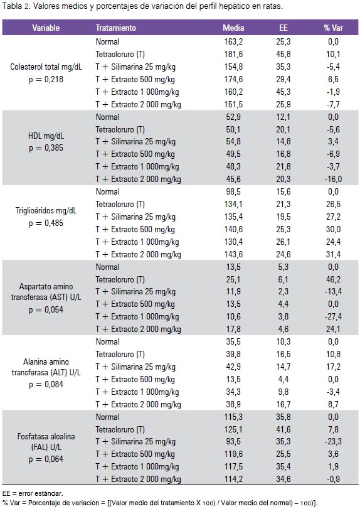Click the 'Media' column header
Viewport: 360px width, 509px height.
[x=233, y=28]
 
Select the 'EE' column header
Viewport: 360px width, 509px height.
[x=283, y=28]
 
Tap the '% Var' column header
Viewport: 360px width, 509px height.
[x=333, y=28]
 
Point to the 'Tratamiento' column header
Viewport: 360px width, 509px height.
[x=115, y=28]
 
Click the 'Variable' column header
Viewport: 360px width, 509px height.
[x=46, y=28]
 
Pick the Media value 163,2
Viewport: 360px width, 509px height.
[x=233, y=41]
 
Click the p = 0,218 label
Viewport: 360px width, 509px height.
[x=46, y=79]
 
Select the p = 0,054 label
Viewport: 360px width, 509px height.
[x=46, y=309]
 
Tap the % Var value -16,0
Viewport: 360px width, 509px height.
[x=333, y=179]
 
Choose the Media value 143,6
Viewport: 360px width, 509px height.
[x=233, y=255]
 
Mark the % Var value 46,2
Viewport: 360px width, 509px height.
[x=333, y=279]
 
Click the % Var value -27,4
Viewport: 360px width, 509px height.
[x=333, y=316]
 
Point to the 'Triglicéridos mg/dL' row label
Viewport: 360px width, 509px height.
[x=46, y=211]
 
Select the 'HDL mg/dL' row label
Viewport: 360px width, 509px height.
[x=46, y=136]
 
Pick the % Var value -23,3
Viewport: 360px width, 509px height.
[x=333, y=441]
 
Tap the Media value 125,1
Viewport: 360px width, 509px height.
[x=233, y=429]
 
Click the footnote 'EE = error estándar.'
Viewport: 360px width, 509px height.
[x=33, y=494]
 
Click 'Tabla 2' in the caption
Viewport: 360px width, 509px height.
[x=16, y=6]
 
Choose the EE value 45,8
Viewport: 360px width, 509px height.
[x=283, y=54]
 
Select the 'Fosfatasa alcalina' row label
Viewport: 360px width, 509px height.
[x=46, y=437]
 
